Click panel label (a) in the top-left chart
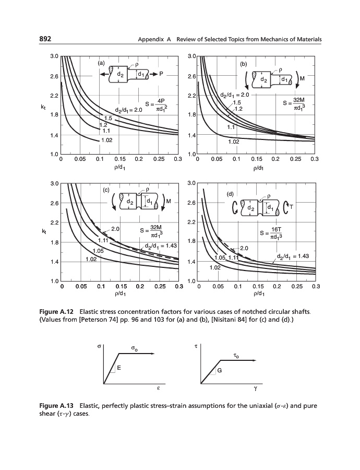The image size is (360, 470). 101,63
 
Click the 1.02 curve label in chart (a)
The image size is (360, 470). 106,140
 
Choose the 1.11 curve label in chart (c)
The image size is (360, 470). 103,240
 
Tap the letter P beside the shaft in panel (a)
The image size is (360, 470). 162,75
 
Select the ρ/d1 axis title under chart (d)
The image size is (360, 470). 257,294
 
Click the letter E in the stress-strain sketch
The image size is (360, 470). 119,368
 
